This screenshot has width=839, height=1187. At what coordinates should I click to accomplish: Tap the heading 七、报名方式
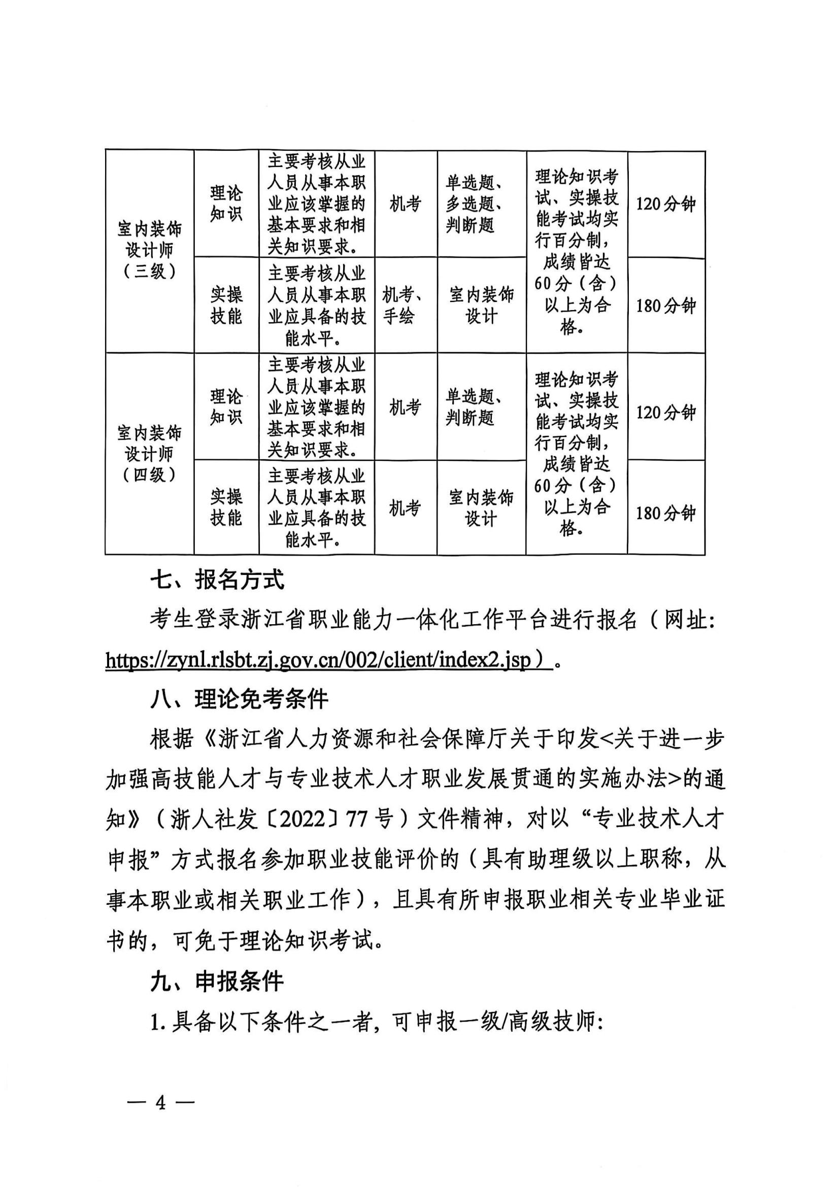tap(217, 580)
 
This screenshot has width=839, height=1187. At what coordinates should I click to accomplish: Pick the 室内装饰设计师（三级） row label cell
tap(149, 251)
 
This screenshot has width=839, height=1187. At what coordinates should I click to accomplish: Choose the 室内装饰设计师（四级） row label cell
tap(149, 454)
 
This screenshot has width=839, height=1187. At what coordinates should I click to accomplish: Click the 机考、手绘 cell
tap(405, 305)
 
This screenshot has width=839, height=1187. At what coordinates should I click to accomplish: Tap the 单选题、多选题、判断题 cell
tap(475, 204)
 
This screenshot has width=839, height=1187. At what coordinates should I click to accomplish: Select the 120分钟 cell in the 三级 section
tap(666, 204)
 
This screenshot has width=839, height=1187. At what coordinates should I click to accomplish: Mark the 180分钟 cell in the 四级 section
tap(666, 513)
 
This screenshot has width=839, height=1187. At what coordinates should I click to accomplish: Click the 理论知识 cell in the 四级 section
tap(226, 407)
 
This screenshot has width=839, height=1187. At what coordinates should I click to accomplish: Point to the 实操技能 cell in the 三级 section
tap(226, 305)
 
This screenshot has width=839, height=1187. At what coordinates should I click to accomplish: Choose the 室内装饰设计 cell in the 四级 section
tap(481, 507)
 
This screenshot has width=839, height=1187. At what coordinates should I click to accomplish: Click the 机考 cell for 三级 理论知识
tap(405, 204)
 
